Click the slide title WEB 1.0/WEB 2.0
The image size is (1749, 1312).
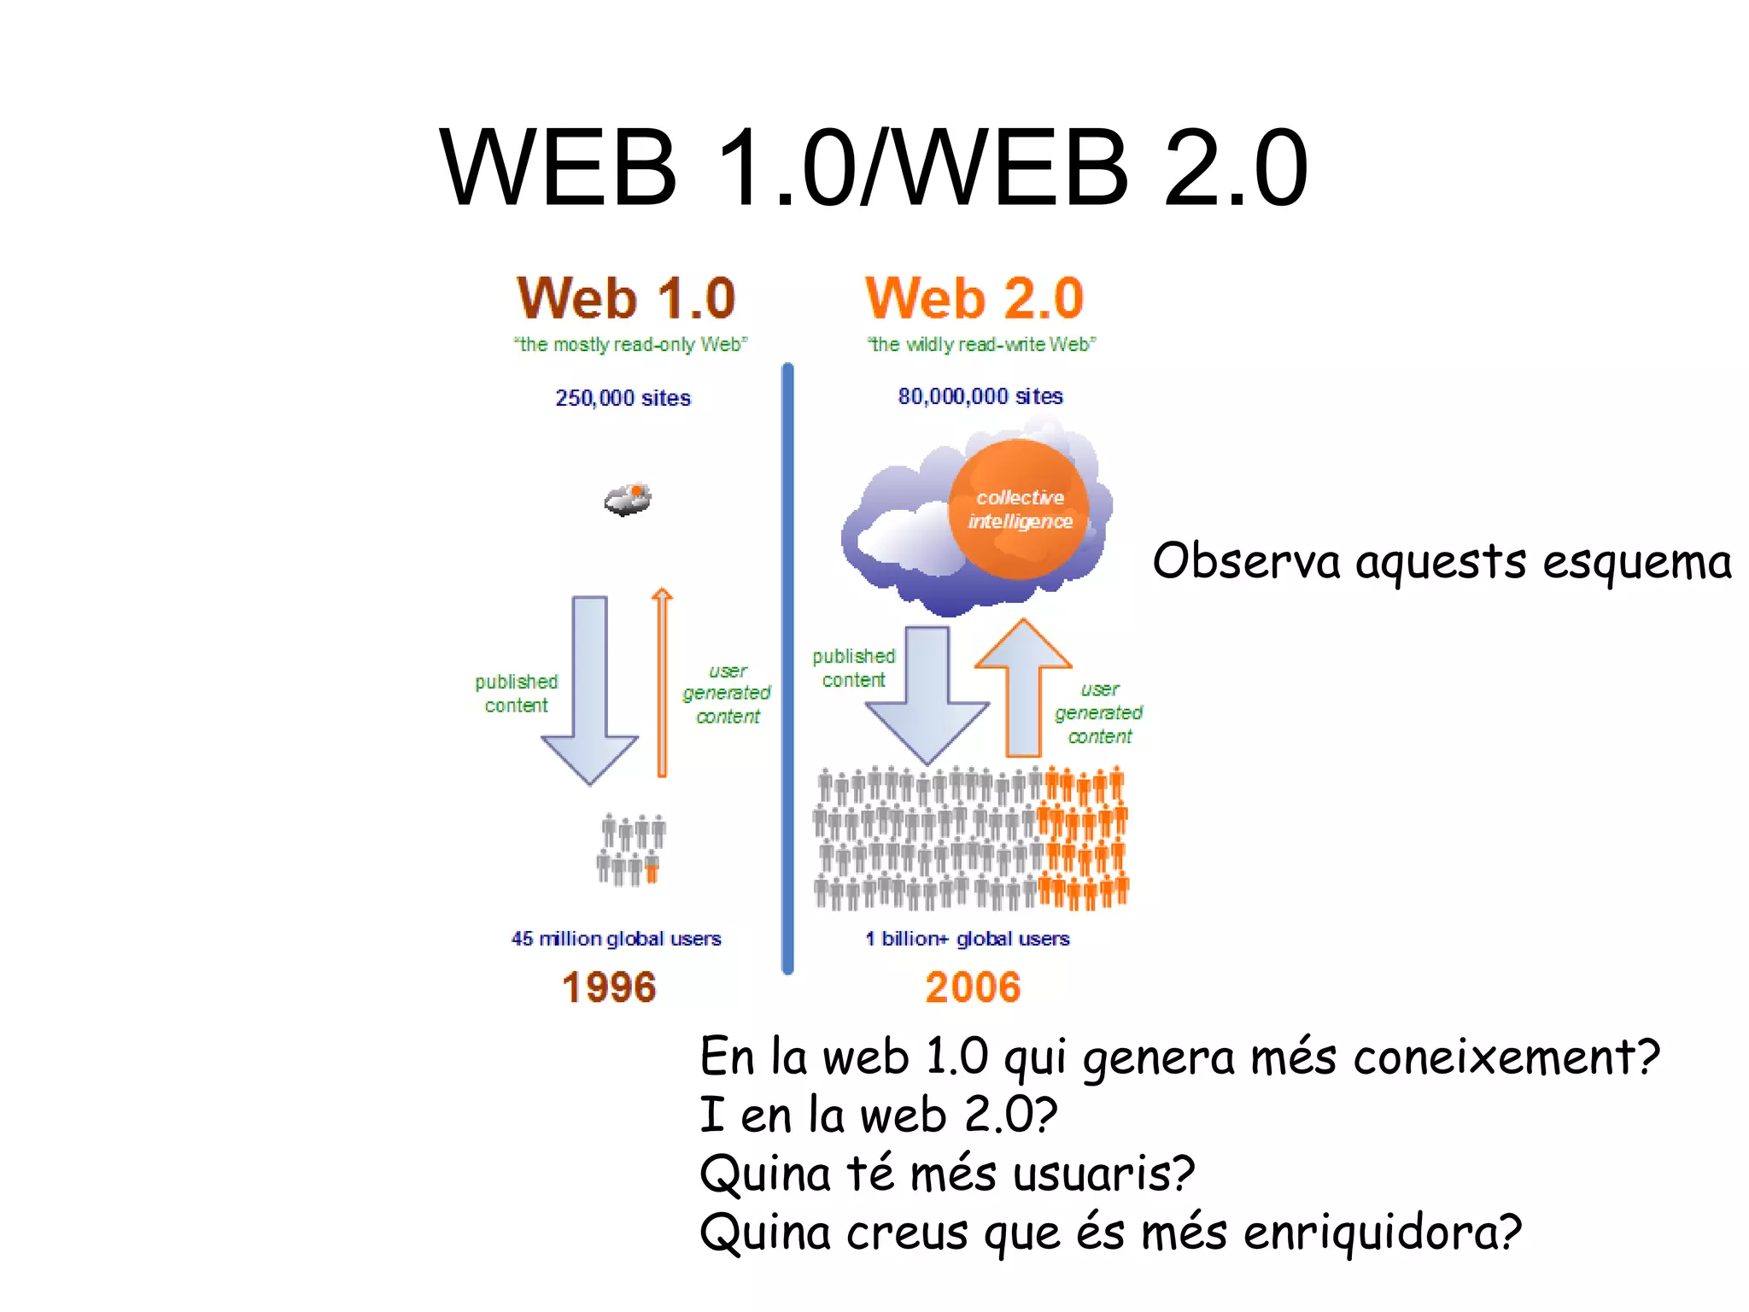tap(873, 167)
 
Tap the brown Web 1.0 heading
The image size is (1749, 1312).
tap(626, 298)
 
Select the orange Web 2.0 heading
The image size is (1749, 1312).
tap(974, 298)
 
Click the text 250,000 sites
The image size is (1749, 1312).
tap(623, 398)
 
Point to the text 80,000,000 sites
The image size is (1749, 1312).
tap(980, 396)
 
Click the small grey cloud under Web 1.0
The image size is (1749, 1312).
tap(628, 500)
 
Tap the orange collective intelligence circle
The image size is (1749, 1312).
tap(1019, 509)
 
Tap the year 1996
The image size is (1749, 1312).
tap(609, 987)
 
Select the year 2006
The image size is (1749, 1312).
tap(974, 987)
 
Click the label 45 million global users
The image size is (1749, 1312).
tap(616, 939)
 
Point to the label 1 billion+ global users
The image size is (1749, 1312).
tap(968, 939)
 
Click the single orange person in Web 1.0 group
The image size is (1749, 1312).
tap(652, 870)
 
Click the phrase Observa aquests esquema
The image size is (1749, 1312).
tap(1442, 562)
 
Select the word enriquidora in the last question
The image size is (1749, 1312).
tap(1382, 1233)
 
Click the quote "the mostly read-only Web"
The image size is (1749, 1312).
tap(630, 344)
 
